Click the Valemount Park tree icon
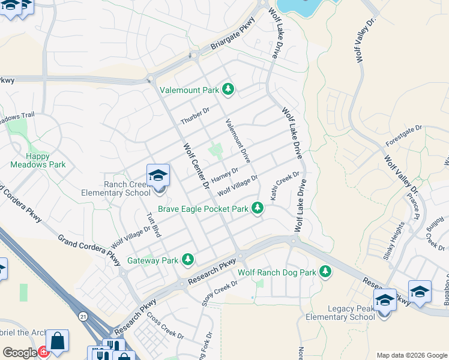point(228,89)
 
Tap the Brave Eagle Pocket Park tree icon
point(258,208)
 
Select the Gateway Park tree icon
point(188,259)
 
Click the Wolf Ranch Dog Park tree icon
point(325,272)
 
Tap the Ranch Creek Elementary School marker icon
point(158,176)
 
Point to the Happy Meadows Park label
point(37,160)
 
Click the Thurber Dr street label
point(195,116)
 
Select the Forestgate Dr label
point(404,136)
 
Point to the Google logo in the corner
point(20,353)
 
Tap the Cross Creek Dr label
point(160,327)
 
